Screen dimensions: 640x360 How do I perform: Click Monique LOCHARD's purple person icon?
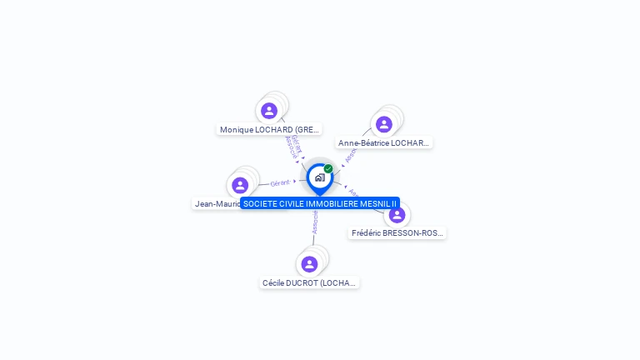coord(268,110)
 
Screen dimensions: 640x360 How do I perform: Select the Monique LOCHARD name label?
coord(269,129)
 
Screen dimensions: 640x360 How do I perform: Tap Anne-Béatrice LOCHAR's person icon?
coord(383,124)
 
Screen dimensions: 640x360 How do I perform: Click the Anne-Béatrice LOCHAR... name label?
coord(384,143)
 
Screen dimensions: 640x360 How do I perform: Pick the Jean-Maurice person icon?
coord(240,185)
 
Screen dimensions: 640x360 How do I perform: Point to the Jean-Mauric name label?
coord(216,203)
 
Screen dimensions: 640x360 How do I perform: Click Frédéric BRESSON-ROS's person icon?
coord(397,214)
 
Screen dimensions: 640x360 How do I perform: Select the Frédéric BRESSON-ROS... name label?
coord(397,233)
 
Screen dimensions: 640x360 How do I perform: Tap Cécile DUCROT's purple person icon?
coord(309,264)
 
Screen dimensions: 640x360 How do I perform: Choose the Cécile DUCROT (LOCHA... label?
coord(309,283)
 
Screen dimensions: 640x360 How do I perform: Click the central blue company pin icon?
coord(319,177)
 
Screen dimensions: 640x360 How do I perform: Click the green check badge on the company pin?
coord(328,168)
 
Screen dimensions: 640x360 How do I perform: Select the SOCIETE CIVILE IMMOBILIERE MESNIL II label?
coord(320,203)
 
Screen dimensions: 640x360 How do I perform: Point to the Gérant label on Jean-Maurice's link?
coord(281,182)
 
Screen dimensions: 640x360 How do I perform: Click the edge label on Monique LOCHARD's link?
coord(293,146)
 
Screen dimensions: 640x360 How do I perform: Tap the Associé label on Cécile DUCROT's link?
coord(315,222)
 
